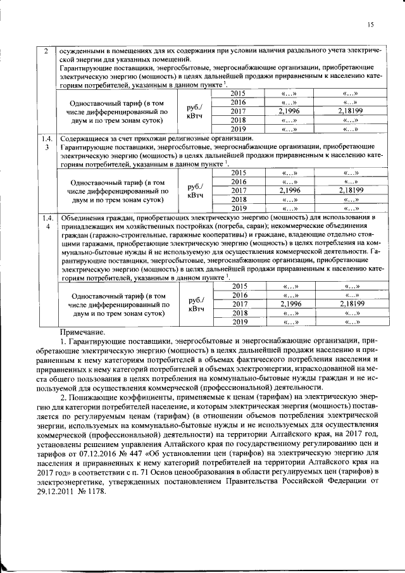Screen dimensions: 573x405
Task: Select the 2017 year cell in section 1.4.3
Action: tap(238, 190)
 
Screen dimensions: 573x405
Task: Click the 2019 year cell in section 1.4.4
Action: tap(238, 322)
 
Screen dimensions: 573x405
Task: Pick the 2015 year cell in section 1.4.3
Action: tap(238, 172)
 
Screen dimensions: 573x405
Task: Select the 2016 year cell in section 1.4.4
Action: tap(238, 294)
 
